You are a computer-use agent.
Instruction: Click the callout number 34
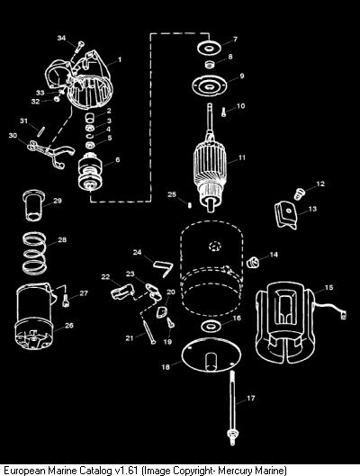click(61, 38)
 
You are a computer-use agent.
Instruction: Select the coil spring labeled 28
click(35, 253)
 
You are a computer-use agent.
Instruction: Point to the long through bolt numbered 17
click(233, 408)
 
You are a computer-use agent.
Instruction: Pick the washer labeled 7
click(208, 48)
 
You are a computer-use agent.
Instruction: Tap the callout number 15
click(328, 287)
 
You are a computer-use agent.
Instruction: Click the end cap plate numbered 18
click(211, 355)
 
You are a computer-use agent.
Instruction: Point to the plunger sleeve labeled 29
click(33, 205)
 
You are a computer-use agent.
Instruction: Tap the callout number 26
click(69, 325)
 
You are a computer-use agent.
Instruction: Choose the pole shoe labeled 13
click(286, 215)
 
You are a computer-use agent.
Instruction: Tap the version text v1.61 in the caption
click(128, 471)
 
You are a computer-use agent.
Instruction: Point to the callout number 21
click(130, 337)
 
